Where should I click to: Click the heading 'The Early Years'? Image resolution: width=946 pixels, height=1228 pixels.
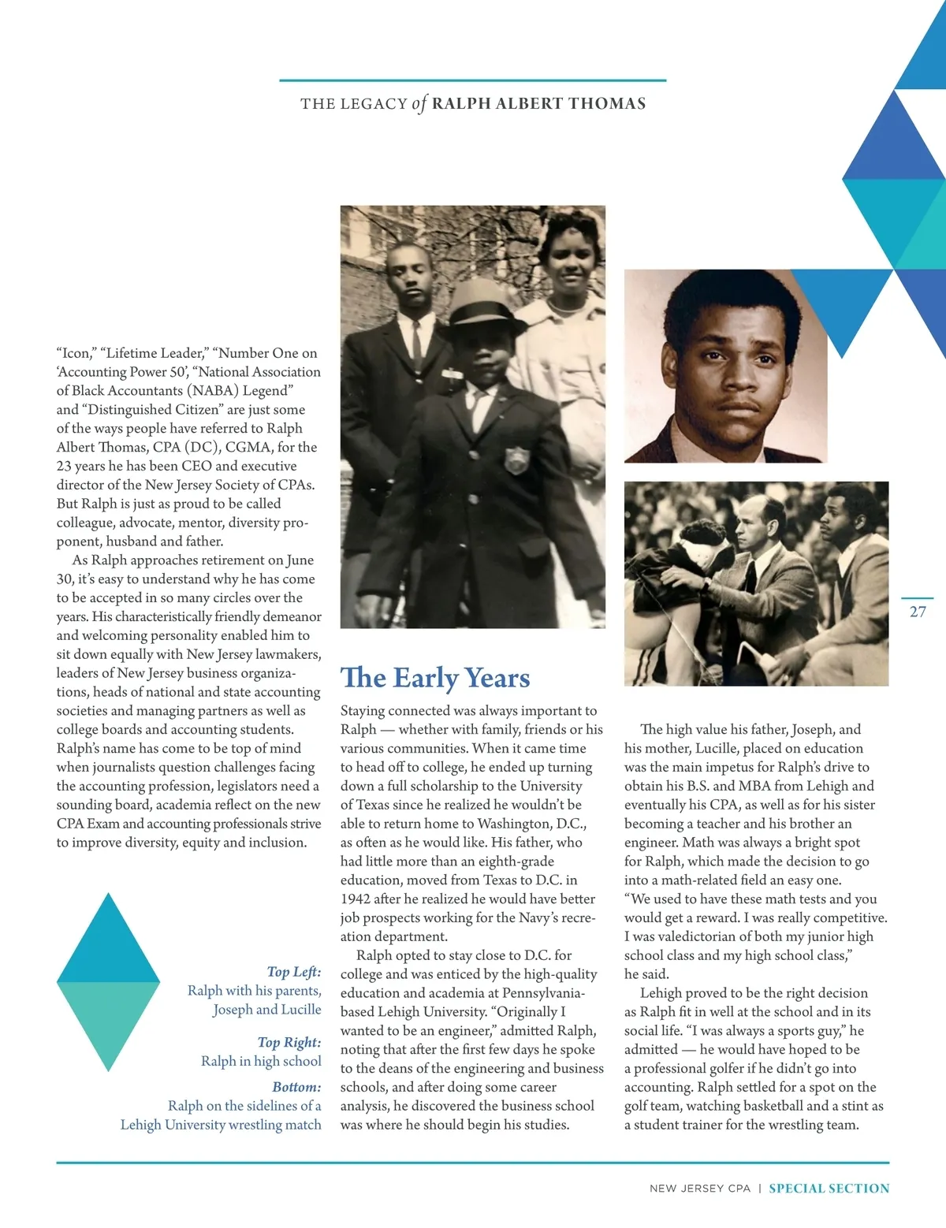[x=435, y=678]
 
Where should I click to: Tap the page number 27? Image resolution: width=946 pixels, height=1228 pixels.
[x=918, y=612]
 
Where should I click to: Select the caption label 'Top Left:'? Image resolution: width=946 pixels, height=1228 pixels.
[x=294, y=972]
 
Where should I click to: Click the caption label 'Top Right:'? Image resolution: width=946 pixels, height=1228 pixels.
[x=289, y=1042]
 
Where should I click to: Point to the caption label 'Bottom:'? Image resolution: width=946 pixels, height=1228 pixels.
[x=296, y=1087]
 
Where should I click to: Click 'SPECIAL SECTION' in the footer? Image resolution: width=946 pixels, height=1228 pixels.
[x=829, y=1189]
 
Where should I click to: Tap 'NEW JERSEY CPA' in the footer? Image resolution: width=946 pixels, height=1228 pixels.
[x=700, y=1189]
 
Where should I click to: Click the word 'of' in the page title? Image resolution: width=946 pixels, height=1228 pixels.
[x=419, y=103]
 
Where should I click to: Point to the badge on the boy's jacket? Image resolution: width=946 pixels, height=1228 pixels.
[x=516, y=459]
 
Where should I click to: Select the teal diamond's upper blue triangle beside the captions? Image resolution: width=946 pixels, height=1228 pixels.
[x=109, y=946]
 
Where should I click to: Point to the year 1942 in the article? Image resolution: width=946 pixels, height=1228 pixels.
[x=356, y=899]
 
